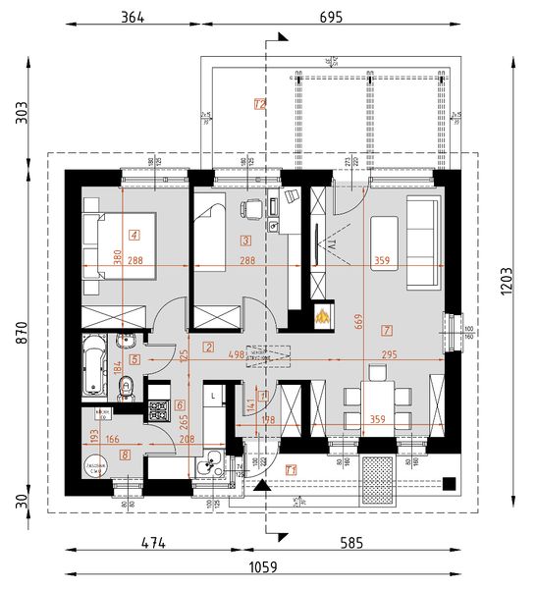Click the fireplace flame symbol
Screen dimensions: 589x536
pyautogui.click(x=321, y=316)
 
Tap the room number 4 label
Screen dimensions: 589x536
pyautogui.click(x=134, y=235)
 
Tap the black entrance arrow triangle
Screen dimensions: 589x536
pyautogui.click(x=260, y=485)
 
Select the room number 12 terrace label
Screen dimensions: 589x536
pyautogui.click(x=260, y=103)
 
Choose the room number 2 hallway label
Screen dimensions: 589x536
pyautogui.click(x=208, y=347)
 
